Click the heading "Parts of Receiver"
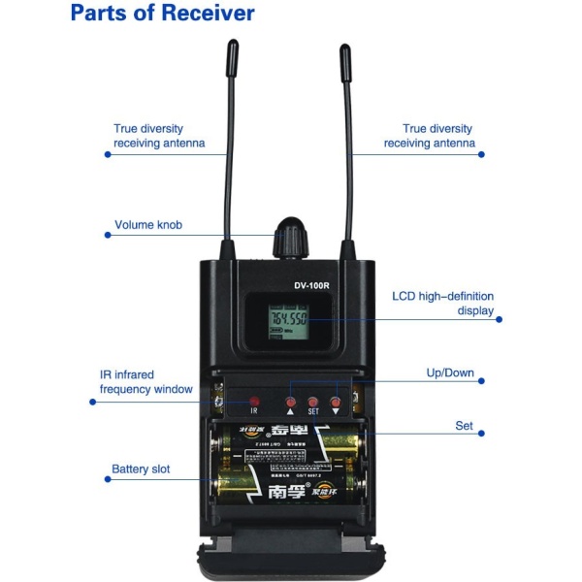click(x=162, y=14)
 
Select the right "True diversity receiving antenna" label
click(x=429, y=136)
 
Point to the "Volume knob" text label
click(x=148, y=225)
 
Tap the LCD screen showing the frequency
click(x=288, y=319)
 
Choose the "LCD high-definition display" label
click(x=442, y=304)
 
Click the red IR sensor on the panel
click(x=255, y=400)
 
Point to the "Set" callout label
click(x=464, y=426)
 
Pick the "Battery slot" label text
click(x=141, y=469)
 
